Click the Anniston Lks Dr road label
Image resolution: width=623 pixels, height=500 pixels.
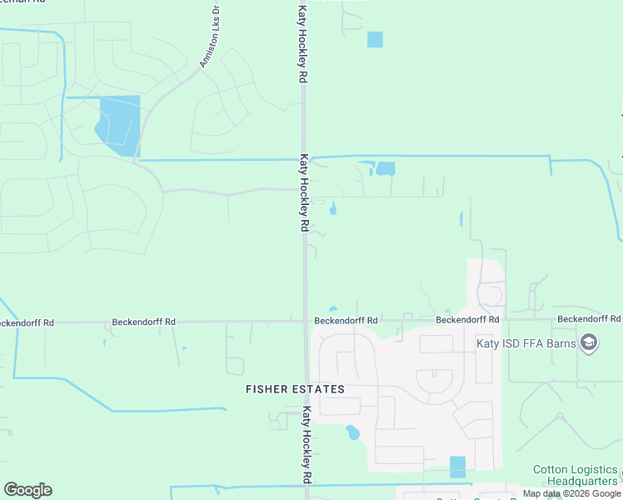(209, 37)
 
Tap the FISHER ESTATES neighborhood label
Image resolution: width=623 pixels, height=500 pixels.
(295, 389)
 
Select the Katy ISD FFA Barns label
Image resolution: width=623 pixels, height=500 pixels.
(528, 343)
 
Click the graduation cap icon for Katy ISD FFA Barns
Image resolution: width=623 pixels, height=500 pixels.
(589, 343)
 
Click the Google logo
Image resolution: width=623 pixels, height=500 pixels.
(27, 490)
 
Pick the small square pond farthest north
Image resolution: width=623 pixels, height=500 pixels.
(375, 39)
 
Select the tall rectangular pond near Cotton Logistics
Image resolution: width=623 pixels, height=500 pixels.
(457, 467)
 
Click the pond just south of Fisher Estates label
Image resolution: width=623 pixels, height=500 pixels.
(352, 432)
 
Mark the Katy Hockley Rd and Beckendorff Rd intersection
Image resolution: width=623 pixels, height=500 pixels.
(306, 320)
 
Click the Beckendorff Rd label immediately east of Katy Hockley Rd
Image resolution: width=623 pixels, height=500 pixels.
(346, 320)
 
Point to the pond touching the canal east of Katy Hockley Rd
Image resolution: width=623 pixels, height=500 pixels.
(385, 168)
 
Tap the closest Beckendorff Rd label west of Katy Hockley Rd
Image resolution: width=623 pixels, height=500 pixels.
(144, 321)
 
